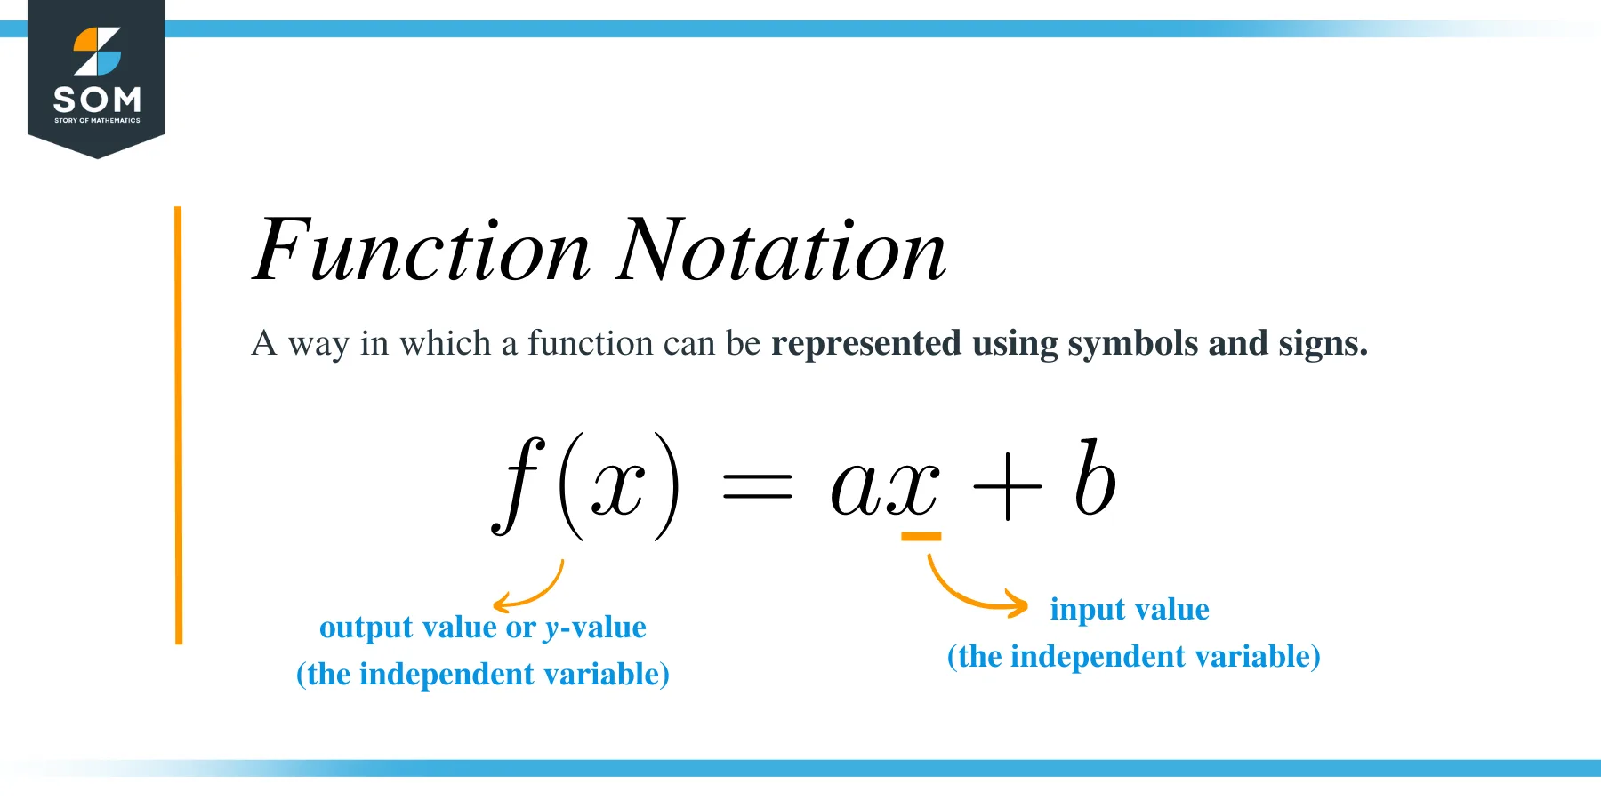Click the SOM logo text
[x=97, y=98]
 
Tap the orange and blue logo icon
[x=97, y=52]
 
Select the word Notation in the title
[x=782, y=251]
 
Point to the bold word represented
[x=866, y=344]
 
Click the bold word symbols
[x=1133, y=344]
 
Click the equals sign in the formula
[x=757, y=486]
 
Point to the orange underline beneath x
[x=921, y=536]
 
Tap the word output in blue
[x=366, y=628]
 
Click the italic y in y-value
[x=552, y=630]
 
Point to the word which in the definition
[x=445, y=343]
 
